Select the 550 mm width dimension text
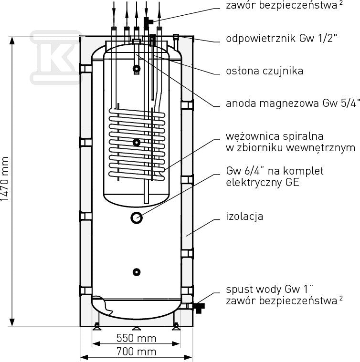tap(137, 338)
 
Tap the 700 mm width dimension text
tap(137, 352)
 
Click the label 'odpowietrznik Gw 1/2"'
tap(280, 38)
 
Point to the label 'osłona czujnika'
tap(265, 71)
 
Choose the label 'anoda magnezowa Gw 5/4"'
tap(293, 103)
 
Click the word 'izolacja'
tap(244, 217)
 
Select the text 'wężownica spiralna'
tap(275, 136)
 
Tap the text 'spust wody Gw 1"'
tap(270, 289)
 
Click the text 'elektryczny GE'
tap(263, 182)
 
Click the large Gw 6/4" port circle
tap(137, 217)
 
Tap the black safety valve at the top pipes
tap(148, 22)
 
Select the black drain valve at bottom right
tap(199, 308)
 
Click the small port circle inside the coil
tap(137, 143)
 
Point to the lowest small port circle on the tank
tap(137, 272)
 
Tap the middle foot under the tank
tap(137, 328)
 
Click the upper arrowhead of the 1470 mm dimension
tap(12, 41)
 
